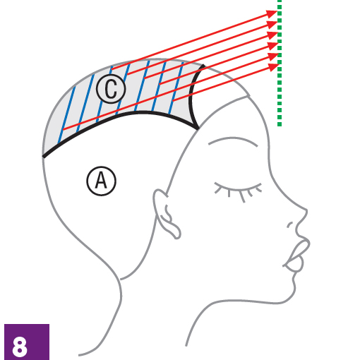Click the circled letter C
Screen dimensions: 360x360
[111, 89]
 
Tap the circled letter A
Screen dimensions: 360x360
[102, 181]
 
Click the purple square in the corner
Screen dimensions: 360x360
[27, 342]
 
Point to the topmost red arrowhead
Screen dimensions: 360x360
[272, 13]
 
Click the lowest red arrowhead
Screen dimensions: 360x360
[274, 67]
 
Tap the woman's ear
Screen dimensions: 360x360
[166, 213]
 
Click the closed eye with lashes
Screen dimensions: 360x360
[238, 191]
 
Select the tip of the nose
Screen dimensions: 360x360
[307, 210]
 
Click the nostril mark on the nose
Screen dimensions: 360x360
[290, 225]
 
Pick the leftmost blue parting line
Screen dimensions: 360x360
[66, 115]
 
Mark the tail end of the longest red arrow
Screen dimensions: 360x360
[63, 129]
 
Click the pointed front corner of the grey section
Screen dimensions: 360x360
[198, 128]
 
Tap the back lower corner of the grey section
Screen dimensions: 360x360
[43, 156]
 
